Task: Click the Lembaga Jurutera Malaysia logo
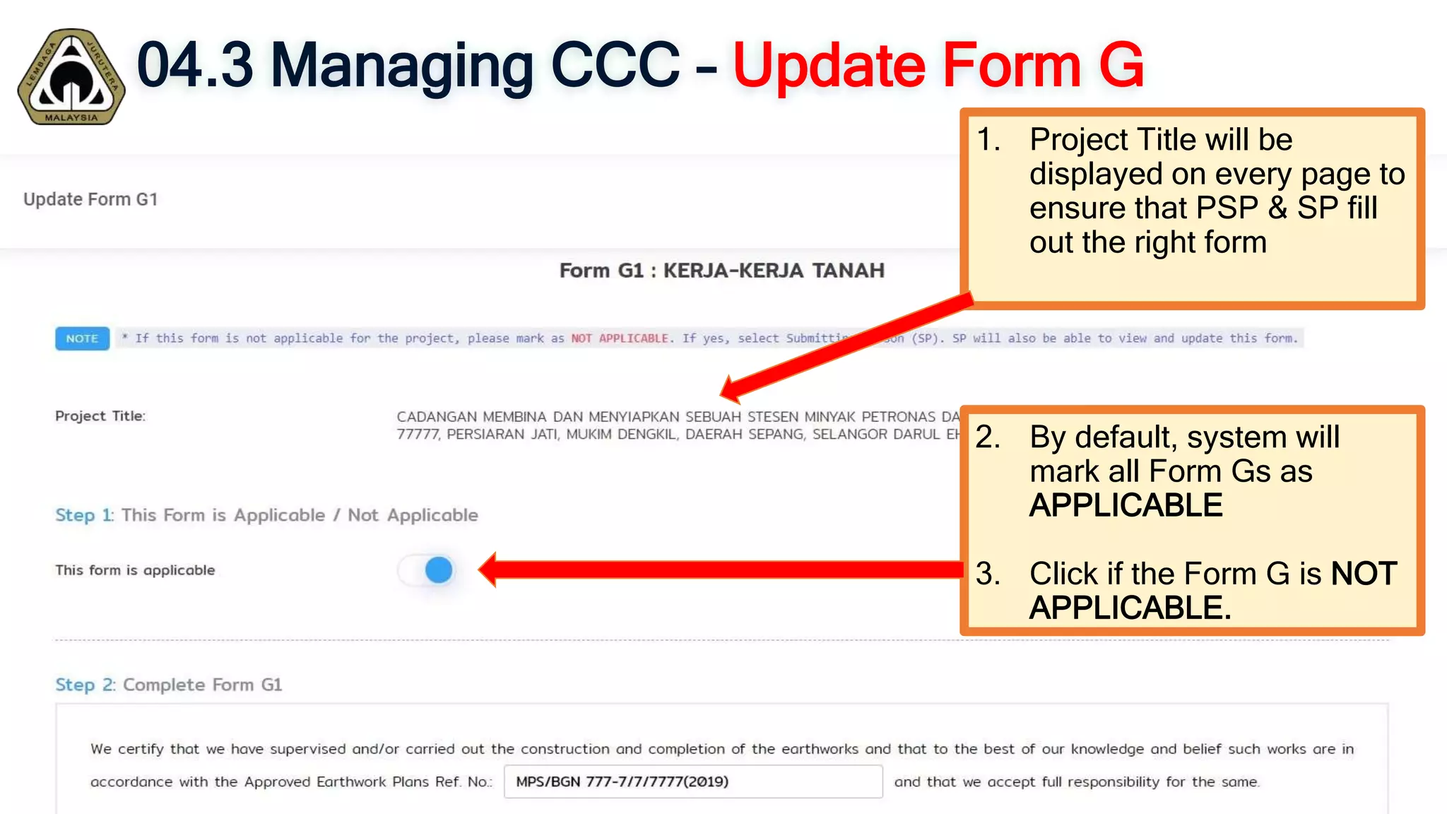[x=71, y=76]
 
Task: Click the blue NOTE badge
[x=82, y=338]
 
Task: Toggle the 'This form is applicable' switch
[x=427, y=570]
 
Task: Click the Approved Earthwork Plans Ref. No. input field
[x=692, y=781]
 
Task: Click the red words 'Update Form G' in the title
[x=938, y=65]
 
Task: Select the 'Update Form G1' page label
[x=90, y=199]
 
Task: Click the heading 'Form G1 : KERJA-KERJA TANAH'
[x=721, y=271]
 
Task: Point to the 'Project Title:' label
[x=100, y=416]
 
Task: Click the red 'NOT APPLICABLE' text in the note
[x=620, y=338]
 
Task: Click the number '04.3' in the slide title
[x=194, y=65]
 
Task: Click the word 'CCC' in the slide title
[x=614, y=65]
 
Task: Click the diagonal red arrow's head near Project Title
[x=730, y=389]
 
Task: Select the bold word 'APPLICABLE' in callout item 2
[x=1126, y=505]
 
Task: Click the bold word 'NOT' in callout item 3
[x=1364, y=574]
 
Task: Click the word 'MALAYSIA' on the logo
[x=71, y=117]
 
